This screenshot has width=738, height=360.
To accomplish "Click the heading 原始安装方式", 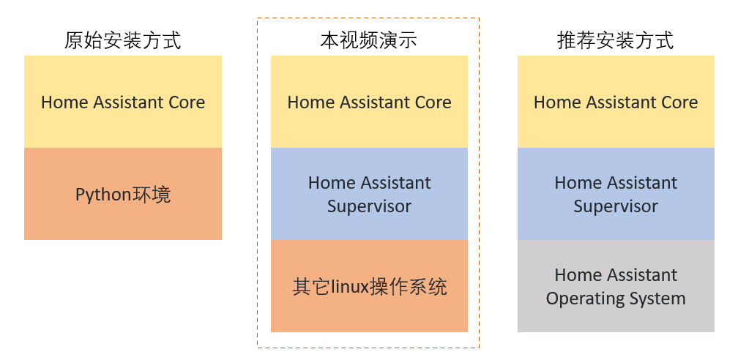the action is (x=122, y=40).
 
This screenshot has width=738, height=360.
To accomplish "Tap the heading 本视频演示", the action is (x=368, y=40).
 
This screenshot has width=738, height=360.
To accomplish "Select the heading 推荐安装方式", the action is (x=616, y=40).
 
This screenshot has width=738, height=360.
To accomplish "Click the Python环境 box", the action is (x=123, y=194).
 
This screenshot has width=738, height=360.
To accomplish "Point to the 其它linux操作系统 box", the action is (x=369, y=286).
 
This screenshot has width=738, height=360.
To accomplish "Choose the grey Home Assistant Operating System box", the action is (x=616, y=286).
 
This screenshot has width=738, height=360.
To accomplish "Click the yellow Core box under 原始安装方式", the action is (x=123, y=102).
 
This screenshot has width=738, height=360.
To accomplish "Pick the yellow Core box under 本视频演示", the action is (x=369, y=102).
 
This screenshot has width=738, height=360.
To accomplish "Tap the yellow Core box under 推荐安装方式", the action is (x=616, y=102).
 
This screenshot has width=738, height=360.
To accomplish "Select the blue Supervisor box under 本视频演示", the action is (x=369, y=194).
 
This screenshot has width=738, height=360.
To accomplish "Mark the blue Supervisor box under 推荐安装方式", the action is (x=616, y=194).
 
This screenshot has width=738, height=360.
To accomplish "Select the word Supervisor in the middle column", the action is (x=369, y=206).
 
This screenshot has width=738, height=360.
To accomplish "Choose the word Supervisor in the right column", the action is (x=616, y=206).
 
